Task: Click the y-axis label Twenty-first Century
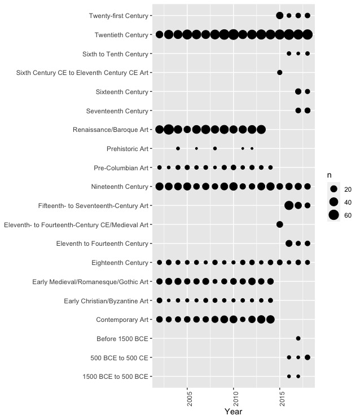tap(118, 16)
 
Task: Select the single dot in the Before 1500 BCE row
tap(298, 338)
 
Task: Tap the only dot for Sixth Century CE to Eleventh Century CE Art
tap(279, 73)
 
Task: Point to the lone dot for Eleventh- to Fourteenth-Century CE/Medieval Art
tap(279, 224)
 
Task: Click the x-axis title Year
tap(233, 412)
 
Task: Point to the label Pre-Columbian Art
tap(120, 167)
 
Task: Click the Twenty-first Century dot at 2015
tap(279, 16)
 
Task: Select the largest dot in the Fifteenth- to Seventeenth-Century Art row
tap(289, 205)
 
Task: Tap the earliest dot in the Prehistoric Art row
tap(178, 148)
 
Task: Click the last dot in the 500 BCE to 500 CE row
tap(308, 357)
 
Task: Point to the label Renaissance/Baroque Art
tap(111, 130)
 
